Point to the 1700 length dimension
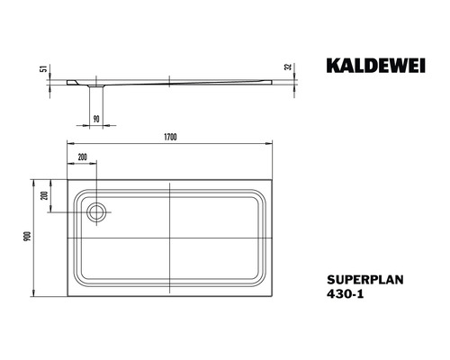click(x=169, y=136)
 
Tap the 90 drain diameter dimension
click(x=95, y=117)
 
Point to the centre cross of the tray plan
click(x=169, y=235)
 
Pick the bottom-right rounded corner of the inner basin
click(x=257, y=280)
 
